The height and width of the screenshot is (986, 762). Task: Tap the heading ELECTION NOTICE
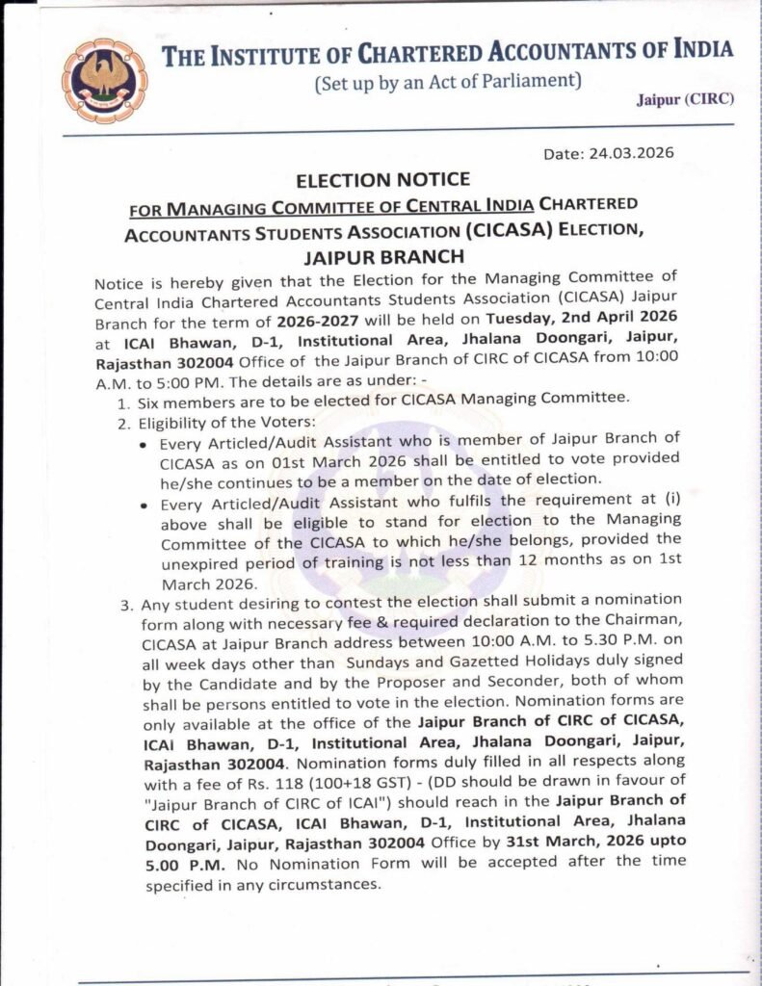tap(382, 180)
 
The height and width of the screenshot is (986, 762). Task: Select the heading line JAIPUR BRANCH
tap(382, 256)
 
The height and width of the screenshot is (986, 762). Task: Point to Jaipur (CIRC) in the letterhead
tap(685, 99)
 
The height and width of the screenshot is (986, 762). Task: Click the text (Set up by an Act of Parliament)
tap(448, 82)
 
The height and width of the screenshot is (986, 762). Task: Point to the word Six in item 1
tap(154, 399)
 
